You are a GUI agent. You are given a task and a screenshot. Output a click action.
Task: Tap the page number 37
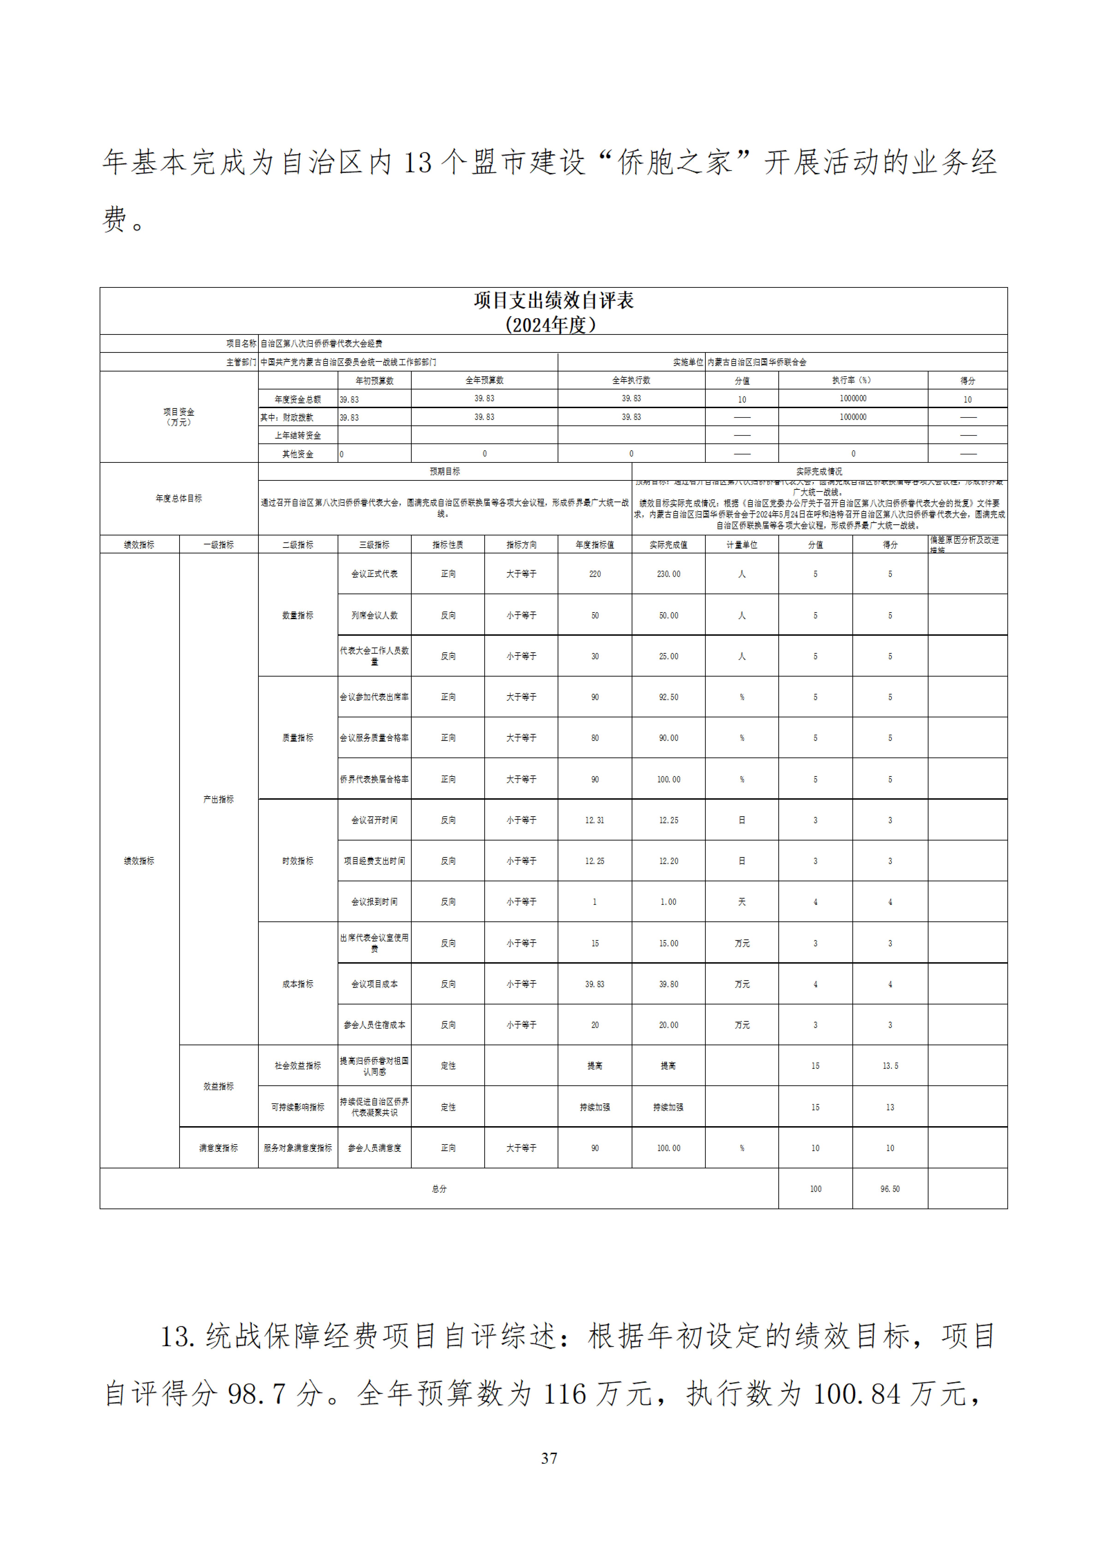point(549,1458)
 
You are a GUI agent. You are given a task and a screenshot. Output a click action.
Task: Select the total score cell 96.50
point(890,1188)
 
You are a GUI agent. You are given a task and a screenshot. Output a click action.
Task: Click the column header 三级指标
point(374,544)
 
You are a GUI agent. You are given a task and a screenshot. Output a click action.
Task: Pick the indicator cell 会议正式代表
point(374,573)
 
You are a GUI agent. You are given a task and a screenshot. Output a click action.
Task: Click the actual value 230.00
point(668,573)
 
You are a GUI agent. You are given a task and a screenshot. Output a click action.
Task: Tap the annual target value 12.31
point(595,820)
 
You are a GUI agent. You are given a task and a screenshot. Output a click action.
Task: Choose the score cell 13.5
point(890,1065)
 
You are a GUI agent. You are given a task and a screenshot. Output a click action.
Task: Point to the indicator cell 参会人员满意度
point(374,1148)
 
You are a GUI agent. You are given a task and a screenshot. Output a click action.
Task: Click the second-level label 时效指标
point(298,860)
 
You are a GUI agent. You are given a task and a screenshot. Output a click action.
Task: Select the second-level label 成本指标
point(298,983)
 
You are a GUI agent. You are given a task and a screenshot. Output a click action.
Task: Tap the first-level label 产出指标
point(219,799)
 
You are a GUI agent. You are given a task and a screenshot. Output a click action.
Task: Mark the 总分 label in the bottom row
point(439,1188)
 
